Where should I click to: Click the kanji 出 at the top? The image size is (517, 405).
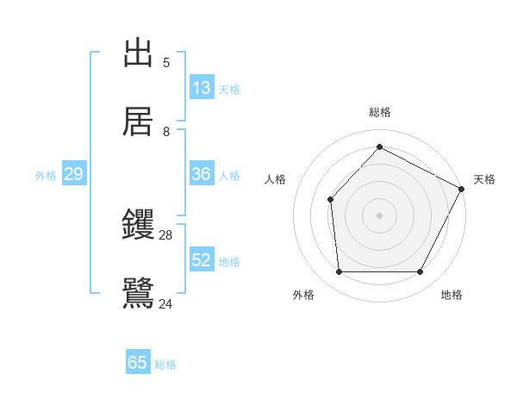click(x=138, y=53)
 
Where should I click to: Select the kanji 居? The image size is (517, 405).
click(x=138, y=121)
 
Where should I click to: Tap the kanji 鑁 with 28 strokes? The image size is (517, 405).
click(x=138, y=225)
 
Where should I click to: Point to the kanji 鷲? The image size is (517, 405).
click(x=138, y=293)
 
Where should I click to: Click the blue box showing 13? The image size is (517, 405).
click(x=202, y=88)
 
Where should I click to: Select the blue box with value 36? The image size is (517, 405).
click(x=202, y=174)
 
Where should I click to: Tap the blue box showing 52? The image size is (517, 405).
click(x=202, y=260)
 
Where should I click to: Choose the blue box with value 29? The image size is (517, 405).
click(x=74, y=174)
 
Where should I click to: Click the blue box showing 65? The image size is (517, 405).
click(x=138, y=363)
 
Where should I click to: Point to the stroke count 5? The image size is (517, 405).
click(x=166, y=62)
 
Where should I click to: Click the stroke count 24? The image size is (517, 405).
click(x=166, y=303)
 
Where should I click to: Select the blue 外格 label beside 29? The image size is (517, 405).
click(x=46, y=175)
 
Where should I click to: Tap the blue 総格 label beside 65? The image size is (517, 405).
click(x=165, y=364)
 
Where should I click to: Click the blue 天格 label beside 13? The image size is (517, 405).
click(x=229, y=90)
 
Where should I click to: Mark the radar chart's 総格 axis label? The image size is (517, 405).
click(x=380, y=112)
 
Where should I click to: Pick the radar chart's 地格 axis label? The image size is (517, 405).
click(x=452, y=295)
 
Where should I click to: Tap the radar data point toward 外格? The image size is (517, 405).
click(x=339, y=272)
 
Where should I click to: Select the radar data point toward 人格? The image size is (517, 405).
click(x=330, y=200)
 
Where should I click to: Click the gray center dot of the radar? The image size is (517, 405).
click(x=379, y=215)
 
